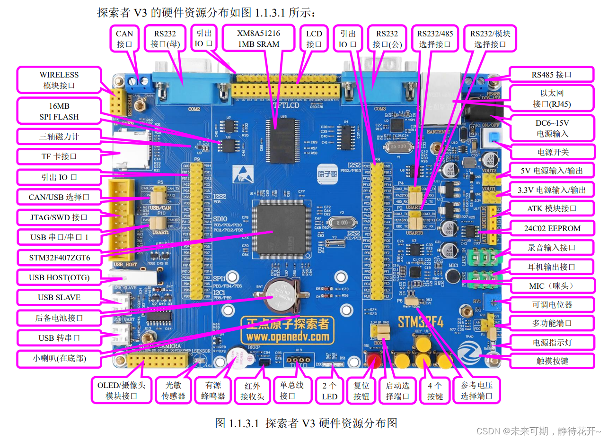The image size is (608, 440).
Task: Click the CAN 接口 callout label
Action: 125,39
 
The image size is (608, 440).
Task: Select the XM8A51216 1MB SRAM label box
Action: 258,39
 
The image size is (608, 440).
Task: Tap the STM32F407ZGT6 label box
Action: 59,258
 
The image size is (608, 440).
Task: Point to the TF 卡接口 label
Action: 59,156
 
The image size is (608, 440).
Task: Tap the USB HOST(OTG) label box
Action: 59,277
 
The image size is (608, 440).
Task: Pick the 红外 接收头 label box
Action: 252,391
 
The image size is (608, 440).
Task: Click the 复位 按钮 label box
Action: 361,391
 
